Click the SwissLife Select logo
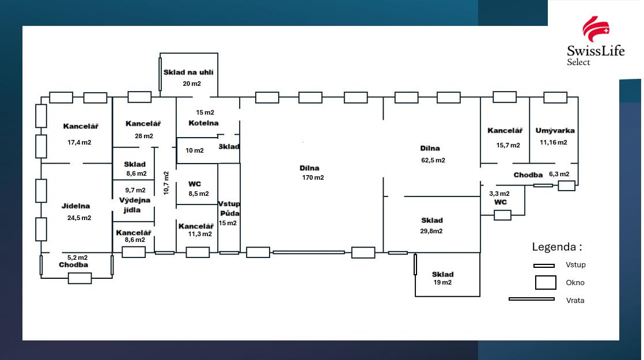[x=595, y=41]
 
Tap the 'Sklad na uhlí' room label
[x=188, y=73]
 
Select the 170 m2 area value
[x=313, y=177]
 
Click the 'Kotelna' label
[x=203, y=123]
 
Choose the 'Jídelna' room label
[x=76, y=206]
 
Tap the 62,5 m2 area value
[x=432, y=161]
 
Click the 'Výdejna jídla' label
[x=135, y=205]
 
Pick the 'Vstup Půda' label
[x=229, y=209]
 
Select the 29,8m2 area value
[x=431, y=231]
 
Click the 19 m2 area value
[x=442, y=283]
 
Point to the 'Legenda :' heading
[x=556, y=247]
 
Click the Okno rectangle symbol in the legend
[x=545, y=283]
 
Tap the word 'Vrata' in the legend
[x=575, y=301]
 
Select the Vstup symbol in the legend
[x=544, y=266]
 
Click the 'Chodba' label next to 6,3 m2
[x=528, y=175]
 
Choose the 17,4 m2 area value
[x=79, y=142]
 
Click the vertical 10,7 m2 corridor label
[x=166, y=183]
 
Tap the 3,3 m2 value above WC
[x=499, y=194]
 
